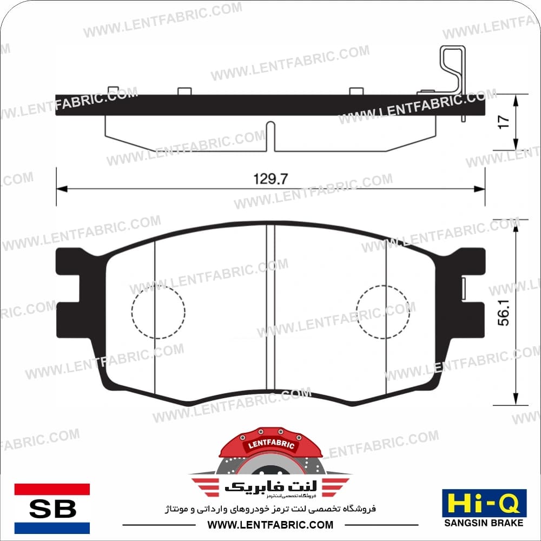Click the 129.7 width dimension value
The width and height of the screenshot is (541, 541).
(x=270, y=179)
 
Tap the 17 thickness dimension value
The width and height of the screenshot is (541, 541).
(x=504, y=122)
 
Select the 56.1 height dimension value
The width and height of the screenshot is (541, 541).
(x=504, y=313)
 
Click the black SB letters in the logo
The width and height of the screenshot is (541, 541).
(x=52, y=509)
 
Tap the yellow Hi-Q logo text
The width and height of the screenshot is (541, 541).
(x=484, y=503)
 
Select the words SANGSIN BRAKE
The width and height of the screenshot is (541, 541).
(x=484, y=523)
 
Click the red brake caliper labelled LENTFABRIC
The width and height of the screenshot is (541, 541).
(x=271, y=445)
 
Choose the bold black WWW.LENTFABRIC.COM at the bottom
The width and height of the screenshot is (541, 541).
(x=270, y=525)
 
